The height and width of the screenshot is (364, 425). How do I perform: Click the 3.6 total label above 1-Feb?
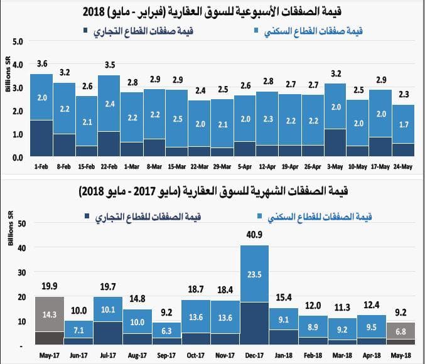point(43,63)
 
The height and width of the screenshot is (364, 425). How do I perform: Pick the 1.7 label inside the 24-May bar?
point(403,125)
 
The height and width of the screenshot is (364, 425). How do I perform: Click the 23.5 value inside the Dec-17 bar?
point(254,274)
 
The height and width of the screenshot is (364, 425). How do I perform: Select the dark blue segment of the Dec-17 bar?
point(254,324)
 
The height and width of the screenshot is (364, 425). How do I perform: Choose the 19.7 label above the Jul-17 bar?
point(108,287)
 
